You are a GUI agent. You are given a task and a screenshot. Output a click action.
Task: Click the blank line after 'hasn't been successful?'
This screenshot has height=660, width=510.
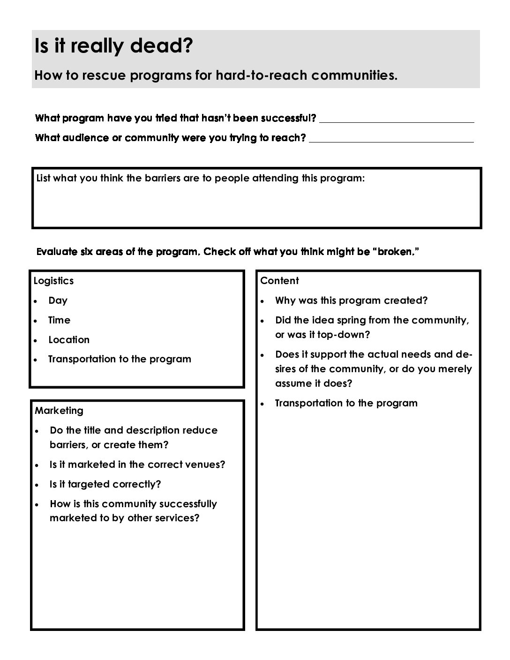pyautogui.click(x=397, y=121)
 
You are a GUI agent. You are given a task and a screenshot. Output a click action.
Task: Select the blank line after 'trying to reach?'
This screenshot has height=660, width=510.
pyautogui.click(x=391, y=141)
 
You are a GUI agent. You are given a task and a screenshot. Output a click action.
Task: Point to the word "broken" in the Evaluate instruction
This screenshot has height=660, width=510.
pyautogui.click(x=393, y=252)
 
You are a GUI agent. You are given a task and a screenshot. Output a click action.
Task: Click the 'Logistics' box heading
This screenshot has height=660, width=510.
pyautogui.click(x=53, y=281)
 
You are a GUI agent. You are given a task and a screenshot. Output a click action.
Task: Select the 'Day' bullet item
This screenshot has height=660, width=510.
pyautogui.click(x=58, y=300)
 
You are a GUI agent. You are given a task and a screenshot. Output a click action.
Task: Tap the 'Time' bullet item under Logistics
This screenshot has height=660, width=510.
pyautogui.click(x=59, y=320)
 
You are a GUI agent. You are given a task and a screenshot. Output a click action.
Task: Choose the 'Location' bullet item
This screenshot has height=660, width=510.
pyautogui.click(x=68, y=340)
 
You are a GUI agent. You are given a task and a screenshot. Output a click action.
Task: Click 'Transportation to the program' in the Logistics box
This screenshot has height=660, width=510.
pyautogui.click(x=120, y=359)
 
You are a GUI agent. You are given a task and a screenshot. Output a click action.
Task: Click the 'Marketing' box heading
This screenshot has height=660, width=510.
pyautogui.click(x=59, y=411)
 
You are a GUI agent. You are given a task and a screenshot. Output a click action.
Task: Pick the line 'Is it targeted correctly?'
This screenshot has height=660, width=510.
pyautogui.click(x=105, y=484)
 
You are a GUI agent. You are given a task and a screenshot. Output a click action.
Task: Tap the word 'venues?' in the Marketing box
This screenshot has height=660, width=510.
pyautogui.click(x=206, y=465)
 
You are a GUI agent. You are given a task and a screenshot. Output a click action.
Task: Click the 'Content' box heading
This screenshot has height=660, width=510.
pyautogui.click(x=279, y=281)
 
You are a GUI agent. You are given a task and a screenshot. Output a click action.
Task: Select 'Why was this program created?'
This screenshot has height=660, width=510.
pyautogui.click(x=351, y=300)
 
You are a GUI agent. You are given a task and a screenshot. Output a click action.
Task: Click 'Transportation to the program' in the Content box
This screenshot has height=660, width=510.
pyautogui.click(x=346, y=403)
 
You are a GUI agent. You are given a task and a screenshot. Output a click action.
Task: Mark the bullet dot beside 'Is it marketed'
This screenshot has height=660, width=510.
pyautogui.click(x=37, y=465)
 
